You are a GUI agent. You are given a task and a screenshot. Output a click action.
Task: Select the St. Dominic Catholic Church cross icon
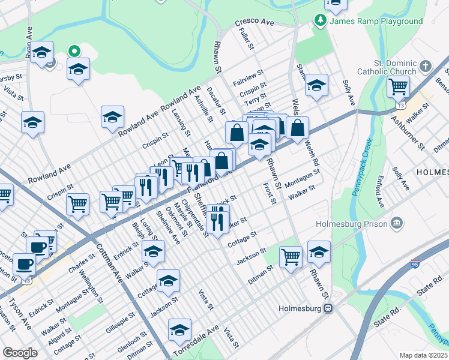click(x=425, y=65)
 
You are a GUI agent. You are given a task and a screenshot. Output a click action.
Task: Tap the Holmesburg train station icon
click(x=328, y=308)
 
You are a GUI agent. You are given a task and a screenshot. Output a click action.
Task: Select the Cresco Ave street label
click(x=254, y=22)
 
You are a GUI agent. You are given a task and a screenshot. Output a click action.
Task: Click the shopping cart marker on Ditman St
click(x=291, y=256)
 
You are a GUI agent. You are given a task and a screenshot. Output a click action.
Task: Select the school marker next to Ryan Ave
click(x=42, y=52)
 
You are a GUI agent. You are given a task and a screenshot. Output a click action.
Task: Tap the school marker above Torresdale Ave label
click(x=179, y=329)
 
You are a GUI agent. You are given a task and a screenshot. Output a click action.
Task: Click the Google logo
click(x=20, y=353)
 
